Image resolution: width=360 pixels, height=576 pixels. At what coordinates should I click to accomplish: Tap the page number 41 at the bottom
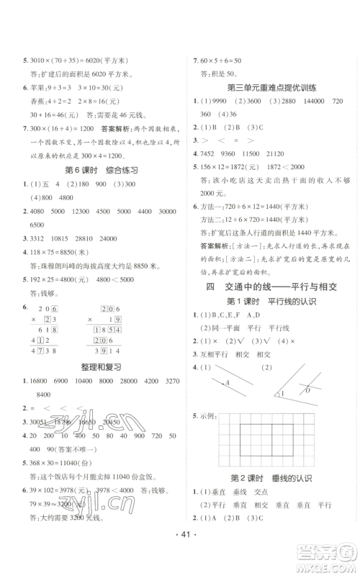(x=179, y=557)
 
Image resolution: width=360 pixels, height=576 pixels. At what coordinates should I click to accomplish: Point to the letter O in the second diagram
(x=307, y=390)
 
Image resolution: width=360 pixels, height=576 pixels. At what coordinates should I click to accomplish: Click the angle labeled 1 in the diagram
(x=282, y=394)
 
